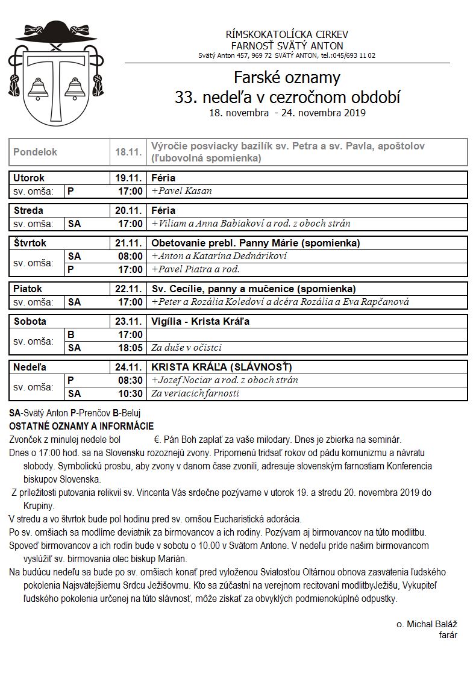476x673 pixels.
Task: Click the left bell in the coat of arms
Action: pyautogui.click(x=39, y=90)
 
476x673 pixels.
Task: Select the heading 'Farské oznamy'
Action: pyautogui.click(x=287, y=78)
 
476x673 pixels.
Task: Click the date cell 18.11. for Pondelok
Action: pyautogui.click(x=128, y=152)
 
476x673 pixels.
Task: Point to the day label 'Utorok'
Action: pyautogui.click(x=29, y=178)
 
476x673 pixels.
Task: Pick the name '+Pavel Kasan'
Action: pyautogui.click(x=182, y=191)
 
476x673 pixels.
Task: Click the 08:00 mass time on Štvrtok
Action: pyautogui.click(x=130, y=256)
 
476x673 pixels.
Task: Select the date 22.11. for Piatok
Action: pyautogui.click(x=128, y=289)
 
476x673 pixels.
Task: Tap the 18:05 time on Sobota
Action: pyautogui.click(x=130, y=348)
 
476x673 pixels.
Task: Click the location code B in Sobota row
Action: pyautogui.click(x=71, y=334)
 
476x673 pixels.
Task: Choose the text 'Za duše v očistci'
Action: pyautogui.click(x=187, y=348)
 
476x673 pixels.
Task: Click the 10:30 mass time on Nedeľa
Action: pyautogui.click(x=130, y=393)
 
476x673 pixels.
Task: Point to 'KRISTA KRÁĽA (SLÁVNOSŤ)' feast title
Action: pyautogui.click(x=221, y=367)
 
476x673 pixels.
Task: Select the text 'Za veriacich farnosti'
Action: pyautogui.click(x=195, y=393)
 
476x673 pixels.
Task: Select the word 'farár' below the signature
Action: pyautogui.click(x=448, y=635)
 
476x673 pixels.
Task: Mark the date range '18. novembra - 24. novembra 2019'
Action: pyautogui.click(x=287, y=113)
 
